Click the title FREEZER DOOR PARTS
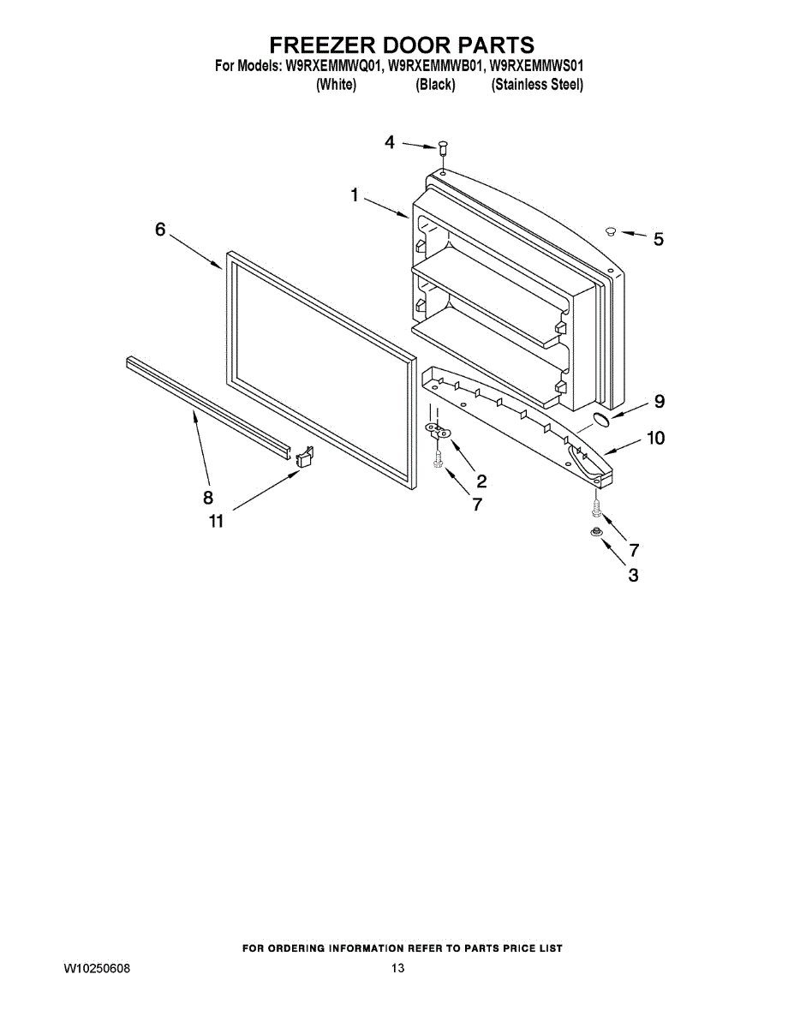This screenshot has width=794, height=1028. pyautogui.click(x=402, y=45)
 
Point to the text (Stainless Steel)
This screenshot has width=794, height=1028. pyautogui.click(x=537, y=85)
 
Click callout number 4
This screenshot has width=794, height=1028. pyautogui.click(x=390, y=142)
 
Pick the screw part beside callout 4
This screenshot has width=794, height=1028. pyautogui.click(x=444, y=149)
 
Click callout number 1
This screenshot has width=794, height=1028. pyautogui.click(x=354, y=195)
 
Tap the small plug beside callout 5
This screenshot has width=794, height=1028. pyautogui.click(x=611, y=230)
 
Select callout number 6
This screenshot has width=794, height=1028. pyautogui.click(x=160, y=230)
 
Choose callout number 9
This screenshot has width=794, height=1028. pyautogui.click(x=659, y=400)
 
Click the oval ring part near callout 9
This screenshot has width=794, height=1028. pyautogui.click(x=603, y=419)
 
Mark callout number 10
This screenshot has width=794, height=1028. pyautogui.click(x=655, y=438)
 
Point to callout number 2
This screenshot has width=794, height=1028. pyautogui.click(x=481, y=481)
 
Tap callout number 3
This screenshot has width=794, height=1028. pyautogui.click(x=633, y=576)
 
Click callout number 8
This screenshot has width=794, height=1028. pyautogui.click(x=207, y=497)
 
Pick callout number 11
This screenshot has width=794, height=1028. pyautogui.click(x=216, y=520)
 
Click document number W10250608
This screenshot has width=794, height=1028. pyautogui.click(x=98, y=968)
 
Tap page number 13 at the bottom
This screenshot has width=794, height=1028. pyautogui.click(x=397, y=968)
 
